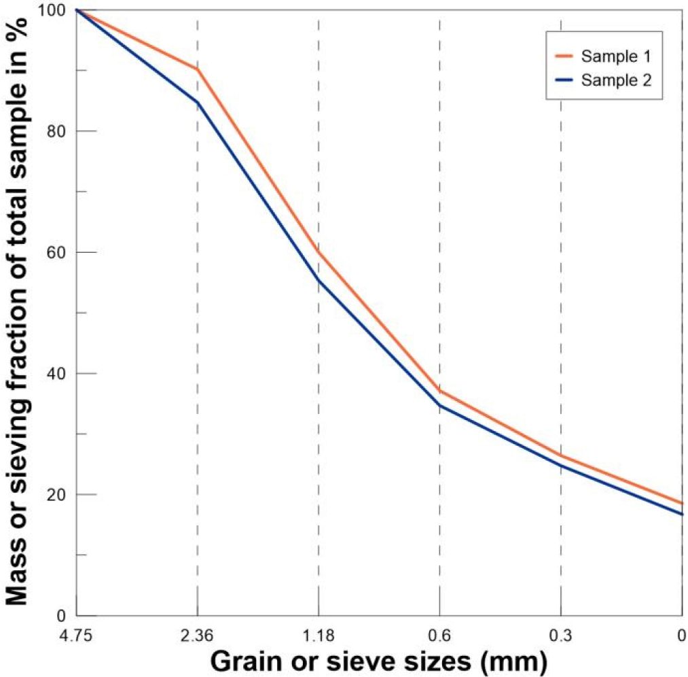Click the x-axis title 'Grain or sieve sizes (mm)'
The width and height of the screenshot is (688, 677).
[379, 659]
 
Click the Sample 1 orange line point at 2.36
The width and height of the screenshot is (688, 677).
[197, 69]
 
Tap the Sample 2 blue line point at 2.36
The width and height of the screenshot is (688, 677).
[197, 102]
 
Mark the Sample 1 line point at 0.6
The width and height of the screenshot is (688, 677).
[439, 391]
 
